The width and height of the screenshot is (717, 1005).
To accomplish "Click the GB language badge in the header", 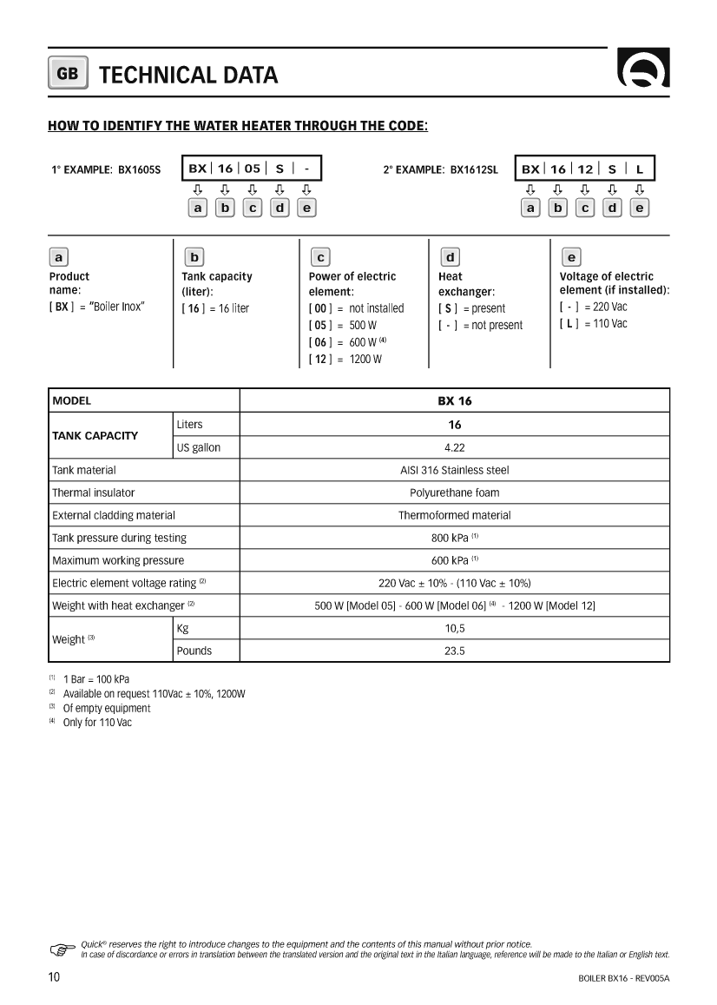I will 67,75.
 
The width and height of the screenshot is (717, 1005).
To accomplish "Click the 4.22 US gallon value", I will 454,447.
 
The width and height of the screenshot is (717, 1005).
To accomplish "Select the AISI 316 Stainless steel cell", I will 454,470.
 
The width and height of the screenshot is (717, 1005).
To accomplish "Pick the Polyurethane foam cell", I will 454,493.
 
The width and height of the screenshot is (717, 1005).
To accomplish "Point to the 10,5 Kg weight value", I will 454,628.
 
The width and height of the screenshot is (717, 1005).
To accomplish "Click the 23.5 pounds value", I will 454,651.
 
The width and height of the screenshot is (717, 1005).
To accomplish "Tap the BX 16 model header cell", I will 454,401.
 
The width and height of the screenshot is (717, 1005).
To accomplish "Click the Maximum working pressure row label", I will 118,560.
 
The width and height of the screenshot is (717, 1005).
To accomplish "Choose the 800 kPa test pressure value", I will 454,538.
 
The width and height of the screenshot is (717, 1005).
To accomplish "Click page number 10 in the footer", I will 54,977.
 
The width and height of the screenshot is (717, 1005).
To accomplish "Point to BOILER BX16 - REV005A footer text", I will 623,978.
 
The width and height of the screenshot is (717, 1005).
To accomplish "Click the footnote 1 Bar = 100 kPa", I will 97,678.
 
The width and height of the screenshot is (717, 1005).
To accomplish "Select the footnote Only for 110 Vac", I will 97,723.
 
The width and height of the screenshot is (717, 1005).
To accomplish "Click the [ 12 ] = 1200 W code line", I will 345,359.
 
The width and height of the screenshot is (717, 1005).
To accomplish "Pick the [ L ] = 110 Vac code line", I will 593,324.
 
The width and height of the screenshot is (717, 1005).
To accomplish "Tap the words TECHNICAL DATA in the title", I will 188,76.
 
